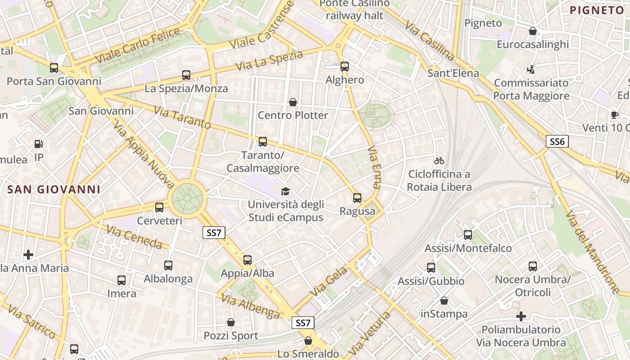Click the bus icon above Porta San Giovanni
click(54, 68)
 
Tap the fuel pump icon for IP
click(39, 144)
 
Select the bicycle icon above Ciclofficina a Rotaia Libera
click(439, 160)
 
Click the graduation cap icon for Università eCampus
click(285, 192)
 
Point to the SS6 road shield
click(557, 141)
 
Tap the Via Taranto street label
click(182, 117)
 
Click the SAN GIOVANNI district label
click(54, 189)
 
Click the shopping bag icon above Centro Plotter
click(293, 102)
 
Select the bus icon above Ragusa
click(357, 198)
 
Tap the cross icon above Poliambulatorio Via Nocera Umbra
click(521, 316)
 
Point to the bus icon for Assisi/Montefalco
click(468, 234)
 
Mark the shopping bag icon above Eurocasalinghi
click(533, 31)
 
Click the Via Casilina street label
click(430, 40)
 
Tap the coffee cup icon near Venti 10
click(615, 114)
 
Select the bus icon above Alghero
click(345, 67)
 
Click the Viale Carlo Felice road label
click(138, 45)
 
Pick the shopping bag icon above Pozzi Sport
click(231, 322)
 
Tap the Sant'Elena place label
click(453, 73)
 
